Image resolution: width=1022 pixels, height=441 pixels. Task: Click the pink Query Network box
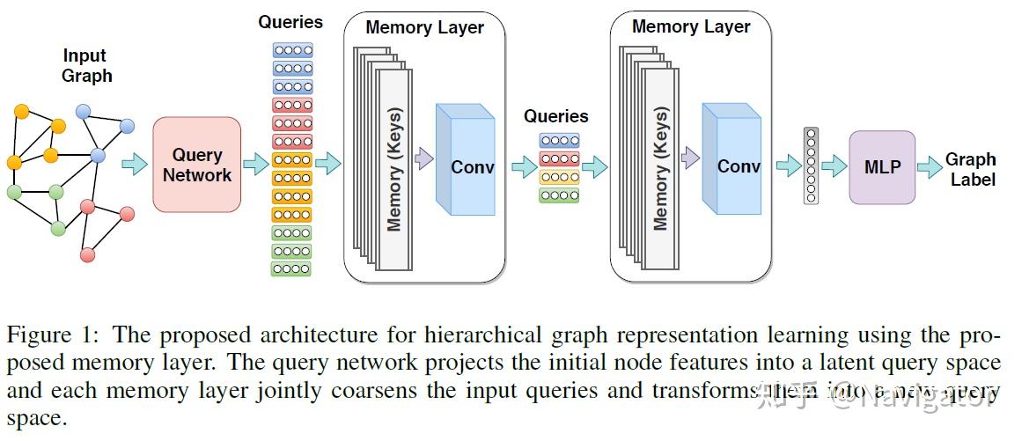(x=196, y=165)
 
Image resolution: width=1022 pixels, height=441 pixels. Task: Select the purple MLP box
(x=881, y=166)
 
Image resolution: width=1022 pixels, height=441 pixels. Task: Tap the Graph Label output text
(x=971, y=169)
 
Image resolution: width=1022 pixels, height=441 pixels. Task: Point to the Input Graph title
(x=86, y=65)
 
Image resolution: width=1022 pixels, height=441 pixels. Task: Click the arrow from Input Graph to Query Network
(x=135, y=165)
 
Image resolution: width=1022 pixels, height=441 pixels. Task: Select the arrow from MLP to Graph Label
(x=930, y=167)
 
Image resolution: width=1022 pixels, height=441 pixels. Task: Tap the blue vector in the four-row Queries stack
(x=559, y=140)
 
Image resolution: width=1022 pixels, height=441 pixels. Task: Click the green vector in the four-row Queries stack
(x=559, y=195)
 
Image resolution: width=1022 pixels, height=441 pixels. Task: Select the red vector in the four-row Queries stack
(x=559, y=158)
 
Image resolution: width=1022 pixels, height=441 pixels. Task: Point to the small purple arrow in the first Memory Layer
(x=423, y=158)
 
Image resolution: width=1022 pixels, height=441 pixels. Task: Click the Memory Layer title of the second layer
(x=691, y=26)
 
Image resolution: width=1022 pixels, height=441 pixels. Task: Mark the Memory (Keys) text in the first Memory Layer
(x=394, y=169)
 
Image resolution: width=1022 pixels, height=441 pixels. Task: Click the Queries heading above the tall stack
(x=290, y=22)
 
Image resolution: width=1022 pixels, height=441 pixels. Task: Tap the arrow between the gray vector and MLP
(x=834, y=166)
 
